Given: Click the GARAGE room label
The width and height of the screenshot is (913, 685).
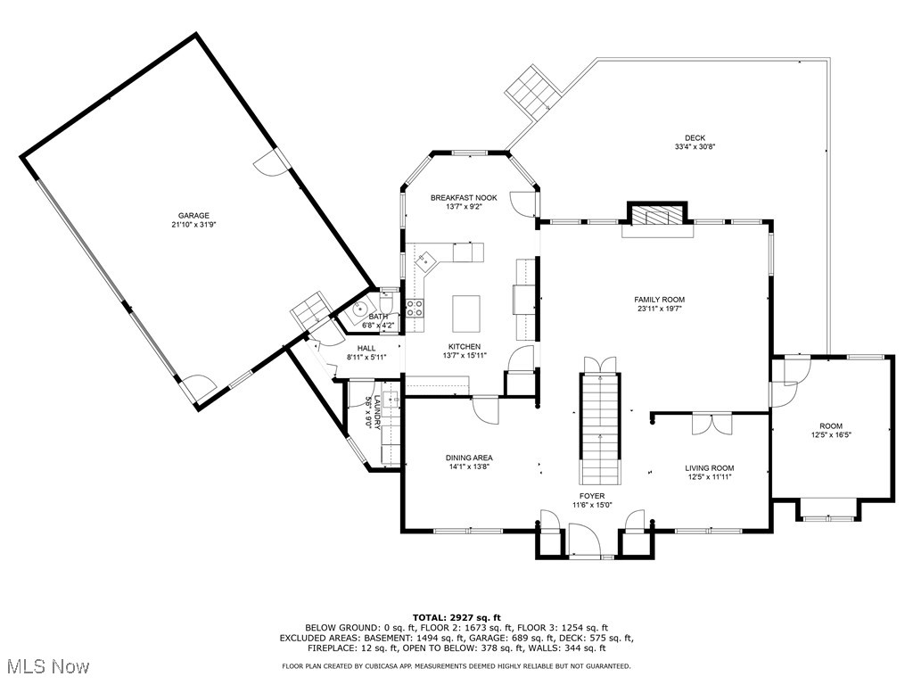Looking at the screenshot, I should pyautogui.click(x=193, y=215).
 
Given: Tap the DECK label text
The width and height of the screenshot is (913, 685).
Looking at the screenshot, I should pyautogui.click(x=695, y=137).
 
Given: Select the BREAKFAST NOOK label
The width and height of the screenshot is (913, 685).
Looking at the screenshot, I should pyautogui.click(x=464, y=197).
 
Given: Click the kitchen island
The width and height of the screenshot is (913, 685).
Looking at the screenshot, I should pyautogui.click(x=465, y=313).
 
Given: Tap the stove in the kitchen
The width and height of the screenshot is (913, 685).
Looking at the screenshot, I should pyautogui.click(x=415, y=308).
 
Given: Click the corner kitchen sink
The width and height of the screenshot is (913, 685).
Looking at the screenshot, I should pyautogui.click(x=426, y=260).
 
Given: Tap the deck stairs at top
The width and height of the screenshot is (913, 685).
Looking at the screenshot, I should pyautogui.click(x=532, y=90).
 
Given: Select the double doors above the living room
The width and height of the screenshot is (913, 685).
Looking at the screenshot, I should pyautogui.click(x=712, y=424).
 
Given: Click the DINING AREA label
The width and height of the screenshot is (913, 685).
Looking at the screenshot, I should pyautogui.click(x=469, y=458).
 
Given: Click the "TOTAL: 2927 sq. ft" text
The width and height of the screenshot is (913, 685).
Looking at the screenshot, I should pyautogui.click(x=456, y=617).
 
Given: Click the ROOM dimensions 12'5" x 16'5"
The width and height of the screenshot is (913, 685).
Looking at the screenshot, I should pyautogui.click(x=831, y=436).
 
